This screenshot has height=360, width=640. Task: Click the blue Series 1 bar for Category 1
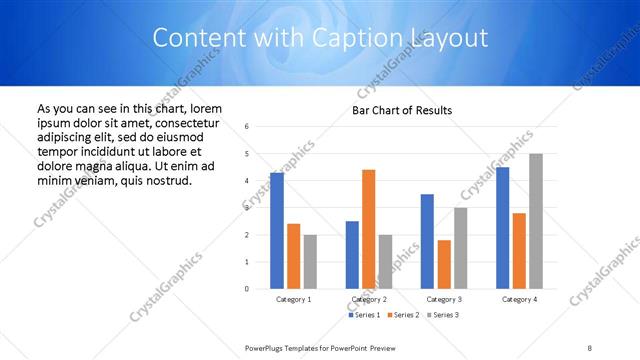pos(277,231)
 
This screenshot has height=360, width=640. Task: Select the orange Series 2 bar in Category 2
pos(369,229)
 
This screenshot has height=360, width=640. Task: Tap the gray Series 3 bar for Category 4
pos(536,221)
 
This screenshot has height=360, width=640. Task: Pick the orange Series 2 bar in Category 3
pos(444,264)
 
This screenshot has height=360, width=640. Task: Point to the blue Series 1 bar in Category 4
pos(502,228)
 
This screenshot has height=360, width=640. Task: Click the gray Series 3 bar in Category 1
pos(311,262)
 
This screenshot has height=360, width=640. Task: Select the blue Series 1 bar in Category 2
pos(352,255)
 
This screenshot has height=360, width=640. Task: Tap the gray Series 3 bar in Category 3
pos(461,248)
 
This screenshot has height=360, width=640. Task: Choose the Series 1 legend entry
pos(364,315)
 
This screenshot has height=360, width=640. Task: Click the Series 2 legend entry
pos(403,315)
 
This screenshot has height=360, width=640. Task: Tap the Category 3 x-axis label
pos(444,299)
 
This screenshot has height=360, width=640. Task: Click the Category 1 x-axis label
pos(294,299)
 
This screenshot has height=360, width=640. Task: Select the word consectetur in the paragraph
pos(199,122)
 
